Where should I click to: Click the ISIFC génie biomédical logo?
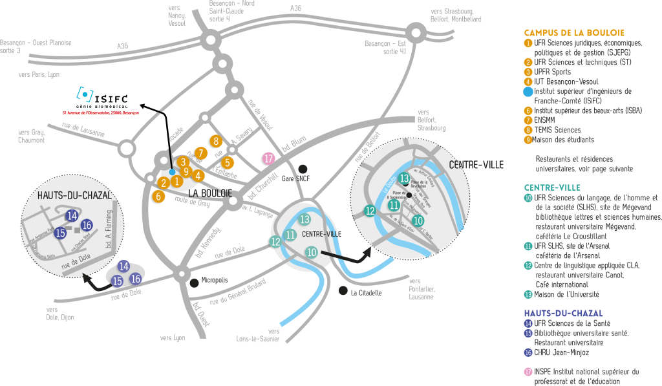click(x=102, y=98)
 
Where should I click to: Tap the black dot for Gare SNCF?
click(x=303, y=169)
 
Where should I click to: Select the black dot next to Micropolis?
click(x=194, y=282)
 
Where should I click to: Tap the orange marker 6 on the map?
click(x=158, y=196)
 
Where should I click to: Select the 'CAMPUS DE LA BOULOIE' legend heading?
click(x=574, y=32)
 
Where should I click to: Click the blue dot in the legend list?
click(x=528, y=91)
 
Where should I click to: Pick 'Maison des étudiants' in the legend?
click(x=564, y=140)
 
